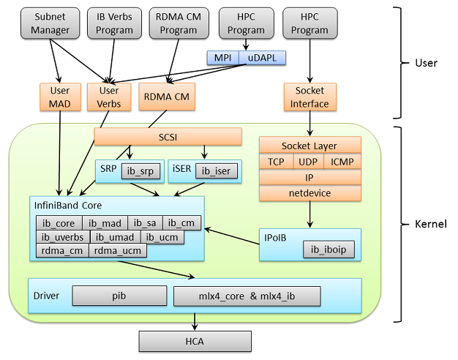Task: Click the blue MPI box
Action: (x=222, y=59)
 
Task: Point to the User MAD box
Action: (x=60, y=97)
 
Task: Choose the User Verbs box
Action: (x=109, y=97)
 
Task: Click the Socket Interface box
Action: (x=310, y=97)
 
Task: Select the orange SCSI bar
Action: (x=168, y=137)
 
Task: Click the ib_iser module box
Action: (x=217, y=171)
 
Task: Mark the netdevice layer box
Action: (x=310, y=192)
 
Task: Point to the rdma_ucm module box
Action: (x=118, y=250)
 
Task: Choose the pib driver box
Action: (x=119, y=296)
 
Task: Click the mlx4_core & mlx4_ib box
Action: (x=247, y=296)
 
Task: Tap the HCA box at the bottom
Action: (x=195, y=340)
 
